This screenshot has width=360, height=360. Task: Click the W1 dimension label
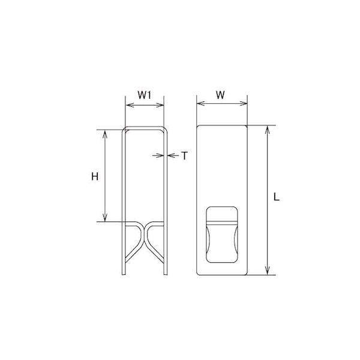pyautogui.click(x=145, y=95)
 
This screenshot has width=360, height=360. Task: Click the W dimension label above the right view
pyautogui.click(x=220, y=95)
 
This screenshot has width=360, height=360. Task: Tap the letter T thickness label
pyautogui.click(x=184, y=155)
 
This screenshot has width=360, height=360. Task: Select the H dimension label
pyautogui.click(x=95, y=176)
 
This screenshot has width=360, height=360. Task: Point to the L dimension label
pyautogui.click(x=277, y=197)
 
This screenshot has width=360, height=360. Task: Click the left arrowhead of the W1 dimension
pyautogui.click(x=130, y=105)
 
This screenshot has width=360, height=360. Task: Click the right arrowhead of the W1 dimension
pyautogui.click(x=160, y=105)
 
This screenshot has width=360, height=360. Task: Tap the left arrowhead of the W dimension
pyautogui.click(x=201, y=103)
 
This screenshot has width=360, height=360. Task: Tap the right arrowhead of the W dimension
pyautogui.click(x=243, y=103)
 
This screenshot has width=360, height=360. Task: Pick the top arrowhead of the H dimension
pyautogui.click(x=104, y=134)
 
